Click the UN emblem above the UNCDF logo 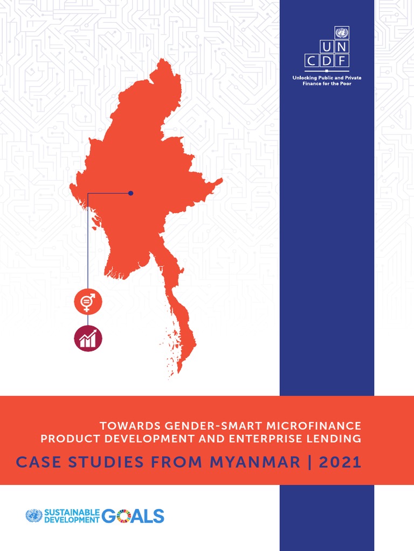click(x=342, y=33)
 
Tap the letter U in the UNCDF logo click(x=312, y=47)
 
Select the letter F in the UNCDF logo click(x=342, y=61)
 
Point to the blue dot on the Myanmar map click(x=130, y=193)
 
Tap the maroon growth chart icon click(x=87, y=339)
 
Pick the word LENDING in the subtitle click(x=338, y=439)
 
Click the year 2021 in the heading click(x=340, y=462)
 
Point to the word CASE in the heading click(x=36, y=462)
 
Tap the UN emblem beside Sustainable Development click(x=33, y=516)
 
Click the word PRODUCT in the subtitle click(x=66, y=439)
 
